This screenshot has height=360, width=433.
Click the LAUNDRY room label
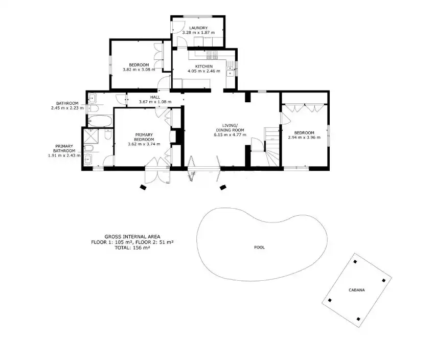pos(198,28)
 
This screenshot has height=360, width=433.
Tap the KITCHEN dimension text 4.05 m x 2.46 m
pos(204,71)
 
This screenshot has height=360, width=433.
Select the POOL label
pos(259,247)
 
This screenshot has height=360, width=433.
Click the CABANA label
pos(356,290)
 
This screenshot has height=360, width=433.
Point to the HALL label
pos(155,97)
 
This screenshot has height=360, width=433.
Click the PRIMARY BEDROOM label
pos(144,137)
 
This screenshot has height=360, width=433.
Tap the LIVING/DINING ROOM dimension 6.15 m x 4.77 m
pos(230,135)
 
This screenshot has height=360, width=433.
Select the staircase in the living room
pos(272,147)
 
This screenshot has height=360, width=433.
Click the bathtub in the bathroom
pos(100,121)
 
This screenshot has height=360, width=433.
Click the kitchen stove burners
pos(212,55)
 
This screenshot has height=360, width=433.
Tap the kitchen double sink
pos(230,71)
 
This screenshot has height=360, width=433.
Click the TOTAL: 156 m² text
pos(132,248)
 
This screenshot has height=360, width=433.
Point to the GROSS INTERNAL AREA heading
pos(132,237)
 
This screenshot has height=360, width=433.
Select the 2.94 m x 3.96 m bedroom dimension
pos(304,138)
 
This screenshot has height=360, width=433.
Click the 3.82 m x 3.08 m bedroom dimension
pos(139,70)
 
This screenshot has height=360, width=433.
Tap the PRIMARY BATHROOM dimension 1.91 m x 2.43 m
pos(64,155)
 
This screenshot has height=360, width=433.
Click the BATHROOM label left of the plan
pos(67,103)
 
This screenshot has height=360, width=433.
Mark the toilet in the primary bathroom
pos(108,134)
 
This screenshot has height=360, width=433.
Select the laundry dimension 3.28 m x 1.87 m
pos(198,33)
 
